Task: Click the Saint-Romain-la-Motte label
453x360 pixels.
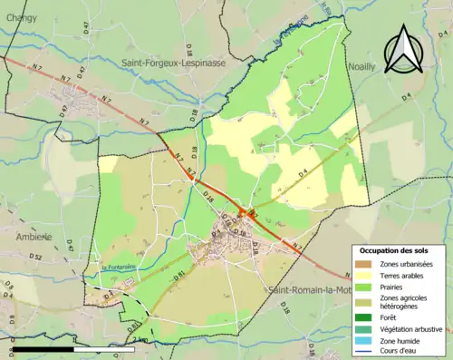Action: (308, 290)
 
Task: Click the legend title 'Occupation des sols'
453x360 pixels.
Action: (394, 250)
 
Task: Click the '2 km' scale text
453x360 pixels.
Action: (139, 340)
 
